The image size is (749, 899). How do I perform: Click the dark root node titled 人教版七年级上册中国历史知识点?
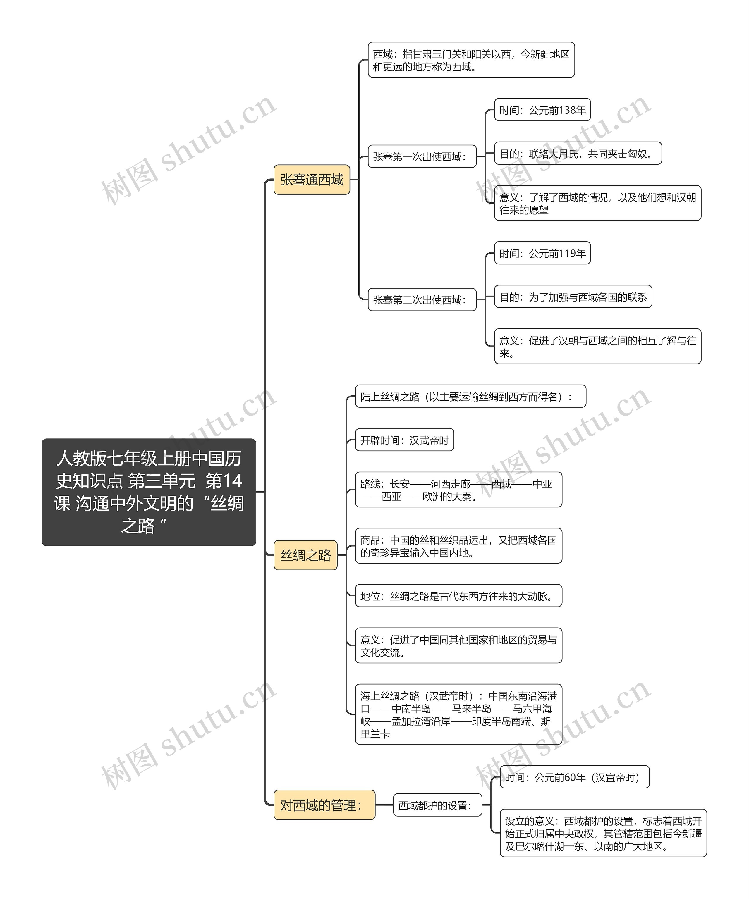(149, 492)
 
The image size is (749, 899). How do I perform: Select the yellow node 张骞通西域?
(312, 179)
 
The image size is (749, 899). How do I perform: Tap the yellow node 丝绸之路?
(305, 555)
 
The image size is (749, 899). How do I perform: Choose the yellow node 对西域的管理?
(324, 805)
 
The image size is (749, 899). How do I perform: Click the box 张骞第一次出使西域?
(422, 156)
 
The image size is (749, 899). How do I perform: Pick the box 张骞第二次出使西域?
(422, 300)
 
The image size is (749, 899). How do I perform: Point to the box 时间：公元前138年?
(542, 110)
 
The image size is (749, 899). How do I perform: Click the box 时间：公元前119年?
(542, 254)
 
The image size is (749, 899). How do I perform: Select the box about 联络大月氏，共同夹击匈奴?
(578, 153)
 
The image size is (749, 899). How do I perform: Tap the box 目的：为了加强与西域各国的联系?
(573, 297)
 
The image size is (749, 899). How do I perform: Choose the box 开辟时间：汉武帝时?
(404, 440)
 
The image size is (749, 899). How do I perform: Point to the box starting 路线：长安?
(459, 490)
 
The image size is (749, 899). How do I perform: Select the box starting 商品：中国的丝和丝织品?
(459, 546)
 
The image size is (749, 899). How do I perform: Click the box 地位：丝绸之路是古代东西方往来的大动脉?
(459, 595)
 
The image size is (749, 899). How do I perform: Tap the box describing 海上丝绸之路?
(459, 714)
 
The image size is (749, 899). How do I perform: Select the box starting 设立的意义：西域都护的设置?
(603, 833)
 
